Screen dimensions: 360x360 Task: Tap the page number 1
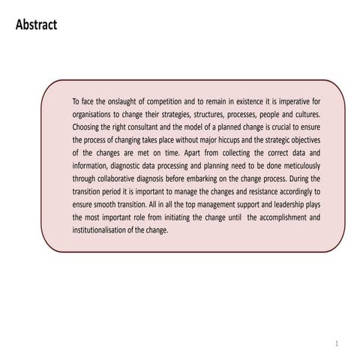pyautogui.click(x=337, y=343)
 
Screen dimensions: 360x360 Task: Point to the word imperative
pyautogui.click(x=292, y=100)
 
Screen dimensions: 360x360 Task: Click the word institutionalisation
pyautogui.click(x=103, y=230)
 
